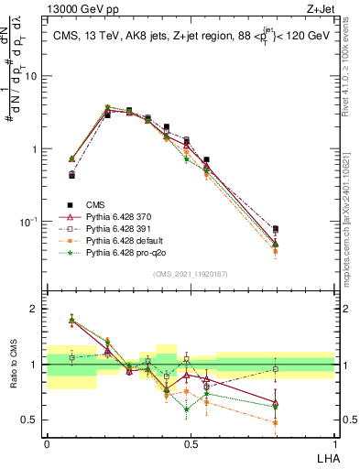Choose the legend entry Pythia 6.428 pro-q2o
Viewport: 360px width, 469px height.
116,252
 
